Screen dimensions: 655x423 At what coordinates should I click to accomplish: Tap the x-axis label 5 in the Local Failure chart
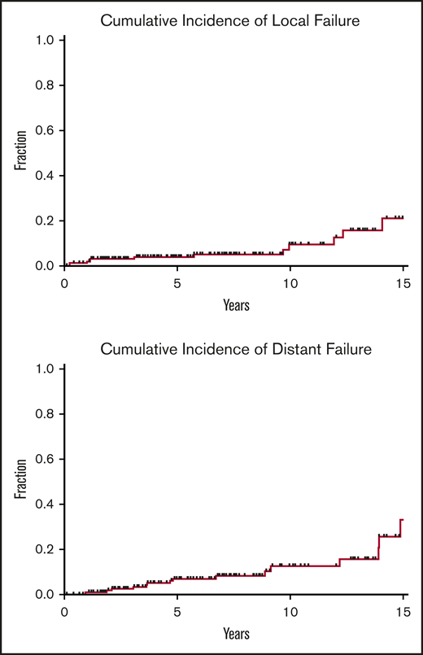tap(177, 282)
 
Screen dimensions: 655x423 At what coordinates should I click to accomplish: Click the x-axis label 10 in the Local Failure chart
tap(290, 282)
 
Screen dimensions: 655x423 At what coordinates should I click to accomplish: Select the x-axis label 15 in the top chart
tap(402, 282)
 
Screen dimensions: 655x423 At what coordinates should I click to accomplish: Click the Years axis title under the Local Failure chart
tap(236, 305)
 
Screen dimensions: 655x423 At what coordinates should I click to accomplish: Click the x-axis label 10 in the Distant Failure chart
tap(290, 611)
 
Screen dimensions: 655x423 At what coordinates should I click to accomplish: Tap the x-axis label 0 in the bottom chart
tap(65, 611)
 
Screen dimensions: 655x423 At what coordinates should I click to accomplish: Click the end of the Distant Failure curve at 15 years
tap(403, 520)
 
